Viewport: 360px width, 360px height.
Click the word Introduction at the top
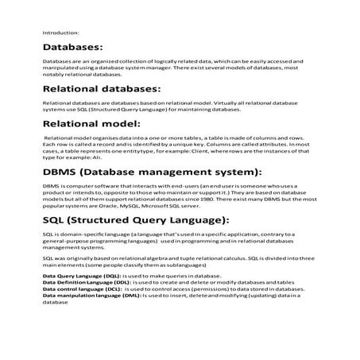click(x=60, y=33)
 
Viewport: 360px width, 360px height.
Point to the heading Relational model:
click(x=91, y=124)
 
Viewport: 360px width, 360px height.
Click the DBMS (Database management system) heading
click(x=151, y=171)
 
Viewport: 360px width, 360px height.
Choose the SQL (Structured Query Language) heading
click(x=136, y=219)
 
